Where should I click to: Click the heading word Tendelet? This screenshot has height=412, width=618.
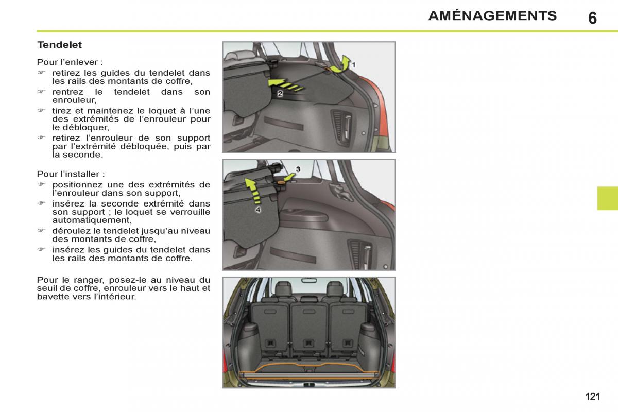60,45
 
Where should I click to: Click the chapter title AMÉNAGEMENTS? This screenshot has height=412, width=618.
492,15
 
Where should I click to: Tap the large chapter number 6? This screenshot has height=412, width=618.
592,18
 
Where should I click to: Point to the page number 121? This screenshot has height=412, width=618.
593,396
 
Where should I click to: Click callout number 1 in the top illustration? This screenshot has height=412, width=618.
353,65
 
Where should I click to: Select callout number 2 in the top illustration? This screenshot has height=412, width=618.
280,94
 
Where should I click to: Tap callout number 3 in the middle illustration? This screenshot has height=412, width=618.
298,169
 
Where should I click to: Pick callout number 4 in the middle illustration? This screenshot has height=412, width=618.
258,210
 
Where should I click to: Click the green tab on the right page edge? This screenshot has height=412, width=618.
608,198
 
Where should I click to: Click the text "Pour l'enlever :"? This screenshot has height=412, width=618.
70,62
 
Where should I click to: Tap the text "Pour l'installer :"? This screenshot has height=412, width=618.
71,174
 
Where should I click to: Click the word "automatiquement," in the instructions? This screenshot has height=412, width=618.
92,220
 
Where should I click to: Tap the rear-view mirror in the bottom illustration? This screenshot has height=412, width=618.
309,281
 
